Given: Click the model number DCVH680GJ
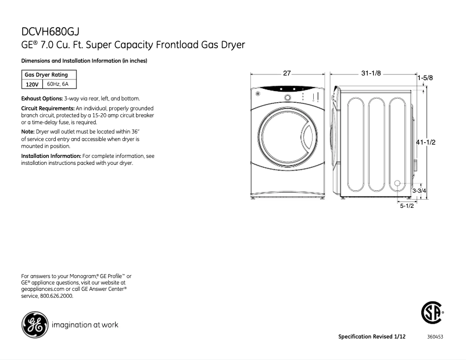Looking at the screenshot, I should point(48,32).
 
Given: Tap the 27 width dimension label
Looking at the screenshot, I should point(286,73).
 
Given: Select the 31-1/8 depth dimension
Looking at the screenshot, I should point(371,73).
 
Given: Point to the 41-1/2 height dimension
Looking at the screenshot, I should point(426,142).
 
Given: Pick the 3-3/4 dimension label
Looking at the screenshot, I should point(420,190).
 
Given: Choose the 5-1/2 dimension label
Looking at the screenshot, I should point(406,206).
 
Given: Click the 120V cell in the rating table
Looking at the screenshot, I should point(32,84).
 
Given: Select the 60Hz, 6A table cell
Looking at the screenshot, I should point(58,84).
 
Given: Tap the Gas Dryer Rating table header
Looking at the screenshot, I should point(46,74).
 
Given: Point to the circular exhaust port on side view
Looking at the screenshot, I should point(398,185).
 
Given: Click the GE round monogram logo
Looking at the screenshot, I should point(35,325).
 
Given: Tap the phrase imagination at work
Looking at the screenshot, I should point(85,325).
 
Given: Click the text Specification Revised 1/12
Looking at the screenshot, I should point(371,337).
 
